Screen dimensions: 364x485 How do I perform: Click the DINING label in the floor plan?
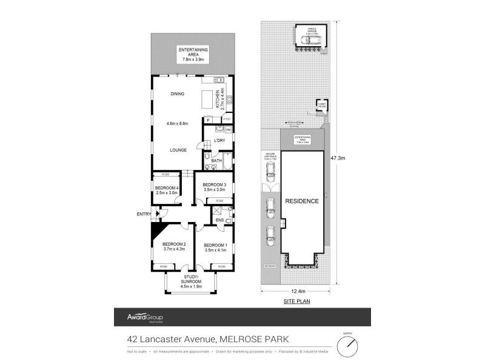(x=177, y=94)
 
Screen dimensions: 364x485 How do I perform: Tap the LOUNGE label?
(x=178, y=149)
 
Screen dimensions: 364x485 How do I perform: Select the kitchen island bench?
(x=209, y=99)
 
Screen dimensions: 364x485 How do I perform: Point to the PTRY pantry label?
(x=227, y=120)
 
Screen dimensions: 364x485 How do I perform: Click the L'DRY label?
(x=220, y=141)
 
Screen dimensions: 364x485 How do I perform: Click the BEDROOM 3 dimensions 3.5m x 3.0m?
(x=214, y=190)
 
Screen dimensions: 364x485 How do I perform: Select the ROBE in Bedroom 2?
(x=164, y=266)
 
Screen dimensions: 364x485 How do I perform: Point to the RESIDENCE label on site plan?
(x=302, y=201)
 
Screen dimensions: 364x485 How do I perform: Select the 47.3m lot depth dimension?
(x=338, y=158)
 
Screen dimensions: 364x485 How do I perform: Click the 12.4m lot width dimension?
(x=297, y=291)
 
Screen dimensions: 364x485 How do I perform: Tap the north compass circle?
(x=347, y=346)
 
